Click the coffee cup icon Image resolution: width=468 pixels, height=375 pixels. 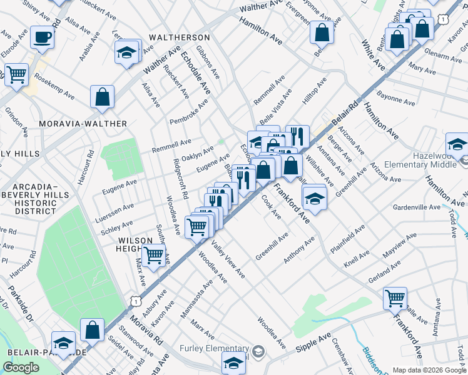tap(42, 37)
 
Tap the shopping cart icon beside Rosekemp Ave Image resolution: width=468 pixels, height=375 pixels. tap(16, 74)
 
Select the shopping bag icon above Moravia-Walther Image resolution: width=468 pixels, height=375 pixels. tap(102, 97)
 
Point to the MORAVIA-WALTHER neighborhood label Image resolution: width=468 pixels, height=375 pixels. tap(83, 124)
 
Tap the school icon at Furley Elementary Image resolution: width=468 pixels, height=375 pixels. tap(233, 362)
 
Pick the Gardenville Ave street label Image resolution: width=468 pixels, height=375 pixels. tap(417, 207)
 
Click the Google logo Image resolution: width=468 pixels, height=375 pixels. tap(21, 367)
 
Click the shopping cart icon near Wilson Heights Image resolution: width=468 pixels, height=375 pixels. tap(153, 254)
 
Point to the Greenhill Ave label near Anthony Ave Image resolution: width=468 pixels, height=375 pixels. tap(272, 246)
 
